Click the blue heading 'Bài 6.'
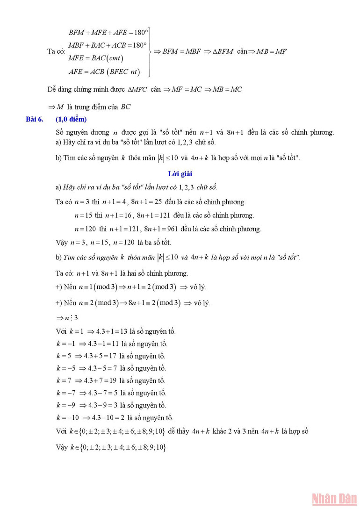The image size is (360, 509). [x=35, y=120]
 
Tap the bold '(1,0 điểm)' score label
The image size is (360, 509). [x=71, y=120]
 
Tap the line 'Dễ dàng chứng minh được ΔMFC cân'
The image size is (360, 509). [x=145, y=89]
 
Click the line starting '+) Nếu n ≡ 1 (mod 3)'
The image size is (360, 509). [x=130, y=287]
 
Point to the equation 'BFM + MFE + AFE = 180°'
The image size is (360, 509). [x=108, y=33]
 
